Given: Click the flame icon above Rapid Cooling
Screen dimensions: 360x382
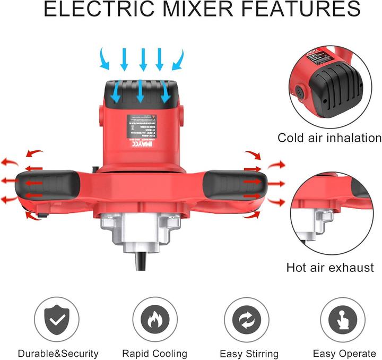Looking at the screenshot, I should point(154,319).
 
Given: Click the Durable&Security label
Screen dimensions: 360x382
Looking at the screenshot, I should point(58,353).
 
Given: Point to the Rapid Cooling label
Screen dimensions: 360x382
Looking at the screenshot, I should point(154,353).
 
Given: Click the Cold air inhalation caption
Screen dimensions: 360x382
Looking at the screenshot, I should point(329,138).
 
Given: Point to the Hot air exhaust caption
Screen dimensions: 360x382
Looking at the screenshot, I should point(331,267).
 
